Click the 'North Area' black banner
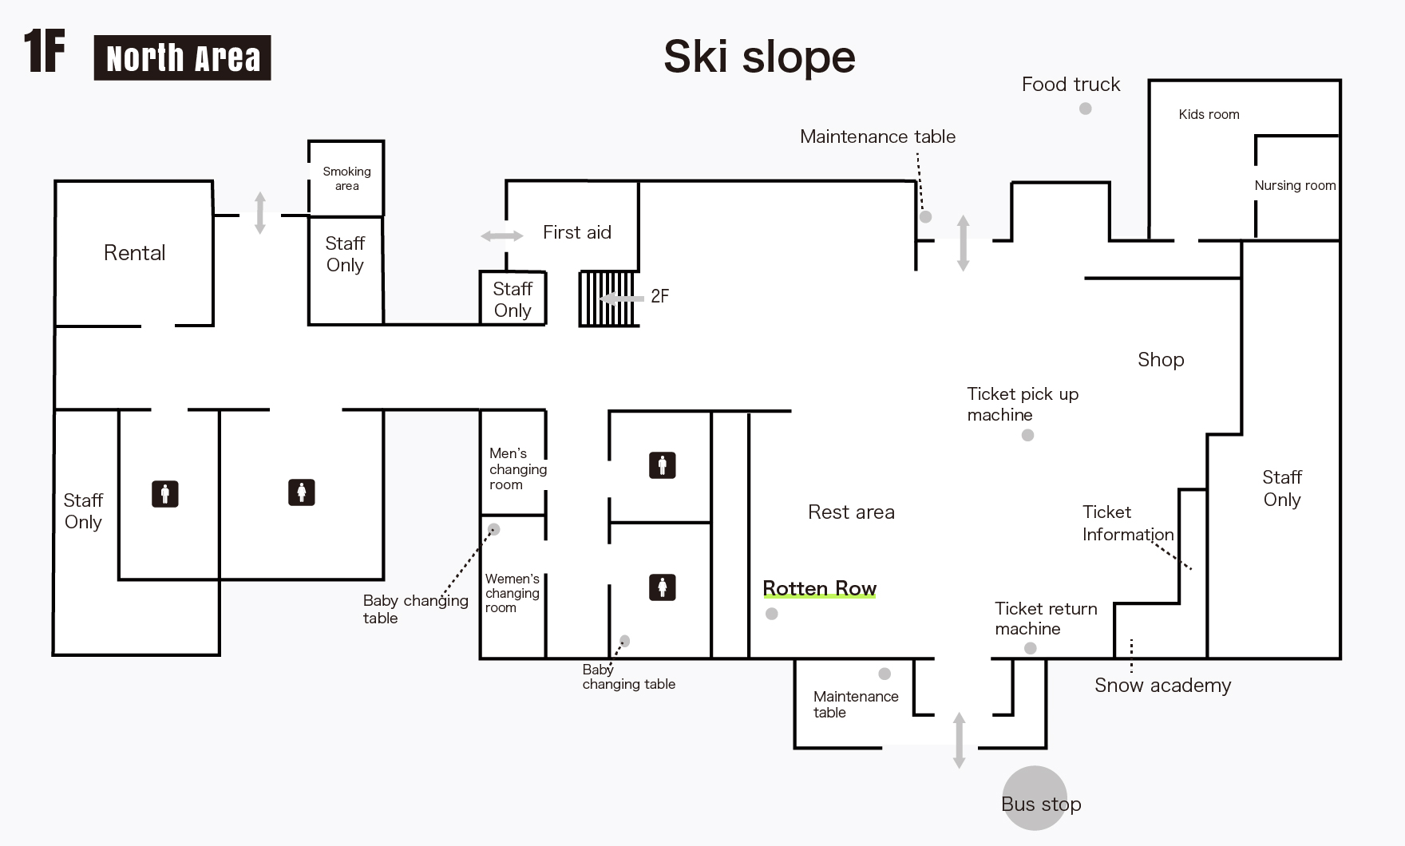pos(182,57)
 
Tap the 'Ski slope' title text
pos(759,57)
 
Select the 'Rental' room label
pos(134,253)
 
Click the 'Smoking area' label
pos(346,178)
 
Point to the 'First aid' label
pos(576,232)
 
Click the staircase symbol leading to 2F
pos(608,298)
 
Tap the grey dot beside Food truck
pos(1085,109)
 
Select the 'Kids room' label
pos(1209,114)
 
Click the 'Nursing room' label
pos(1294,185)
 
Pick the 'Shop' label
pos(1161,360)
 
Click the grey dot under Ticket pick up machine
pos(1027,435)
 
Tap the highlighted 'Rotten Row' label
pos(819,588)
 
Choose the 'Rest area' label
pos(851,512)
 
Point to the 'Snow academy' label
pos(1162,686)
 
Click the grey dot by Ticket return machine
pos(1030,648)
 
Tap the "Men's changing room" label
pos(517,468)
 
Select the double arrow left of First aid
pos(501,235)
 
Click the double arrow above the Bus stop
pos(959,740)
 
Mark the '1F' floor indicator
pos(44,51)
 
